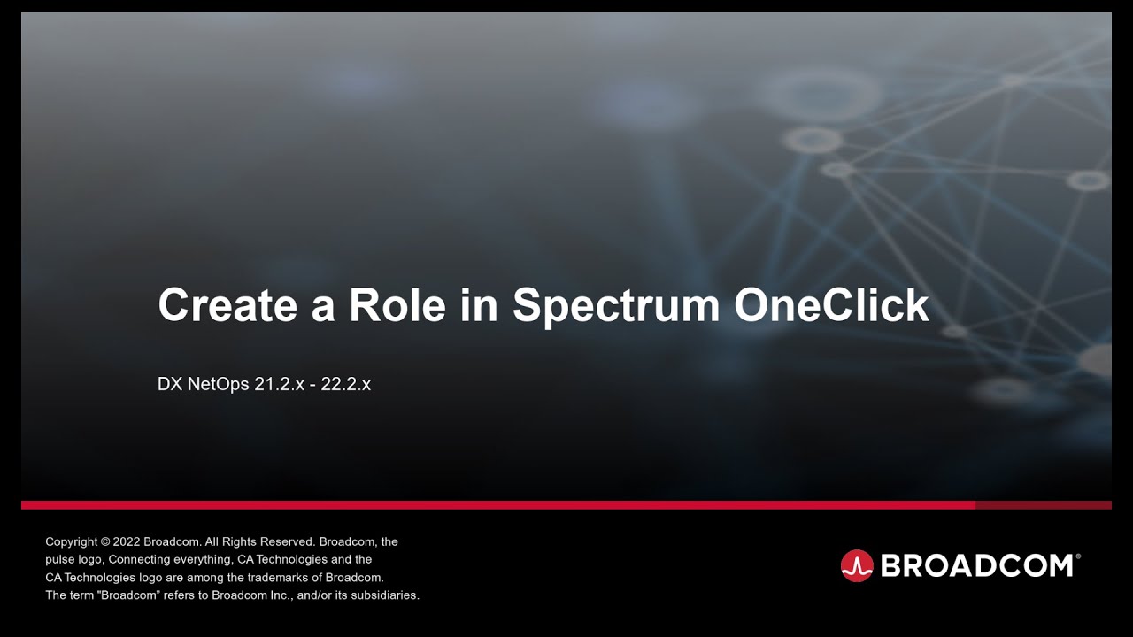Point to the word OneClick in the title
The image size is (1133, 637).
[831, 305]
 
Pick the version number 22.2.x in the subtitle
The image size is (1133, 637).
[345, 385]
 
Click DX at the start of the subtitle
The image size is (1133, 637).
[168, 385]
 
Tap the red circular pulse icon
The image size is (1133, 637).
[857, 565]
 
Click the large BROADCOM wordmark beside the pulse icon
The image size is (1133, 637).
[980, 565]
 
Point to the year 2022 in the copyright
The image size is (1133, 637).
[126, 541]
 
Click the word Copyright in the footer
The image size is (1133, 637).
[71, 541]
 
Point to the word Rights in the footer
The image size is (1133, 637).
[241, 541]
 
